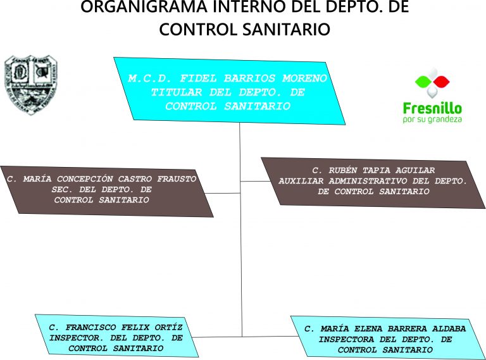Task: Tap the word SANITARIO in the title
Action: tap(287, 29)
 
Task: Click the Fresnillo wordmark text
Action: tap(432, 108)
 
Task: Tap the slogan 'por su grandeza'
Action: tap(432, 119)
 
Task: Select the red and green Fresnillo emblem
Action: tap(432, 83)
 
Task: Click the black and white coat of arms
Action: tap(30, 84)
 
